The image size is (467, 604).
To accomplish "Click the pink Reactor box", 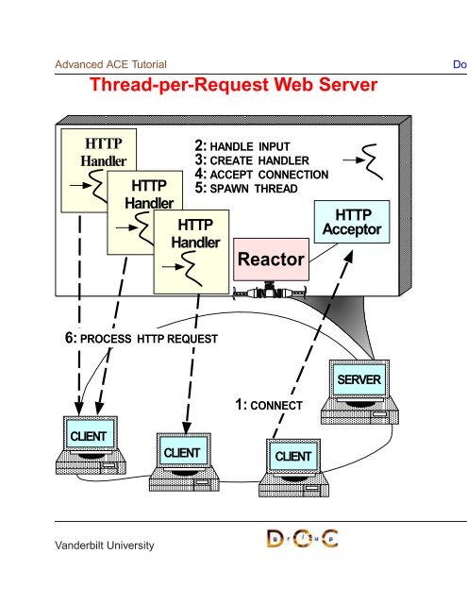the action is (271, 260).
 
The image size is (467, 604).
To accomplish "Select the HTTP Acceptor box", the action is (352, 222).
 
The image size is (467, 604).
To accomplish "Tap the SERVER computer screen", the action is (359, 379).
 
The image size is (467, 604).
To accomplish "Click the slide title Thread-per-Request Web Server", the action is (234, 85).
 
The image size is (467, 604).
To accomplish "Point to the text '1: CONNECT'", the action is (269, 405).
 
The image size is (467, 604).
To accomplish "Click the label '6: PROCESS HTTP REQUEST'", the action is (142, 339).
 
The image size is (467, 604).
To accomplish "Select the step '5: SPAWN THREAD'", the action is (246, 189).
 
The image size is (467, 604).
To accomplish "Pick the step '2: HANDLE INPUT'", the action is (242, 146).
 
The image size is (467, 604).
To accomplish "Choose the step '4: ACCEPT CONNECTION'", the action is (261, 175).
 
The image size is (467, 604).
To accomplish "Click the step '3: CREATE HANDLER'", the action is (252, 160).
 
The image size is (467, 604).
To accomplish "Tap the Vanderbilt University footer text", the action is (105, 545).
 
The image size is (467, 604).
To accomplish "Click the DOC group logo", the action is (303, 539).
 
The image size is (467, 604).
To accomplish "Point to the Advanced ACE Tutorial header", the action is (111, 64).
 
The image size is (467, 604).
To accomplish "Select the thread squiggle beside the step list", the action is (372, 161).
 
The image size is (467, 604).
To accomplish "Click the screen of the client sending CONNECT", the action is (293, 456).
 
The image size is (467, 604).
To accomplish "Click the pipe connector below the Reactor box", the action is (270, 292).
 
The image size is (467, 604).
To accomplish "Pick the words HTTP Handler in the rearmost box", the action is (103, 152).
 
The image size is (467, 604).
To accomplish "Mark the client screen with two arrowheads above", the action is (89, 435).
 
